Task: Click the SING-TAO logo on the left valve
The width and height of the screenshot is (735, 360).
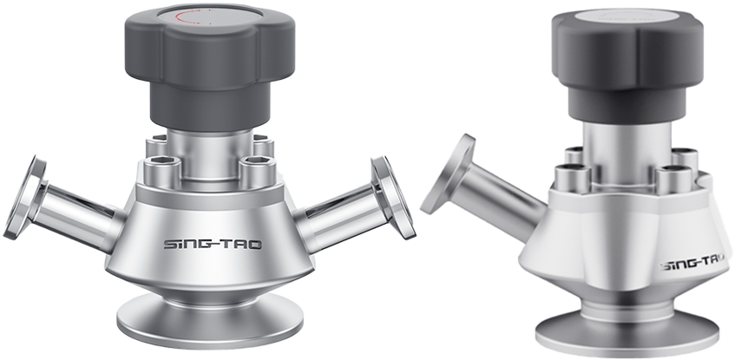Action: [x=213, y=245]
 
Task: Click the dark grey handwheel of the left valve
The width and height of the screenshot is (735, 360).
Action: [x=210, y=66]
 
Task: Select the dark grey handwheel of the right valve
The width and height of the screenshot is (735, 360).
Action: [x=627, y=66]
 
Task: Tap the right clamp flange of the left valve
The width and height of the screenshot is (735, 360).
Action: [x=393, y=197]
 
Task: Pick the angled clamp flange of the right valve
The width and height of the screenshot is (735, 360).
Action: [x=448, y=174]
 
